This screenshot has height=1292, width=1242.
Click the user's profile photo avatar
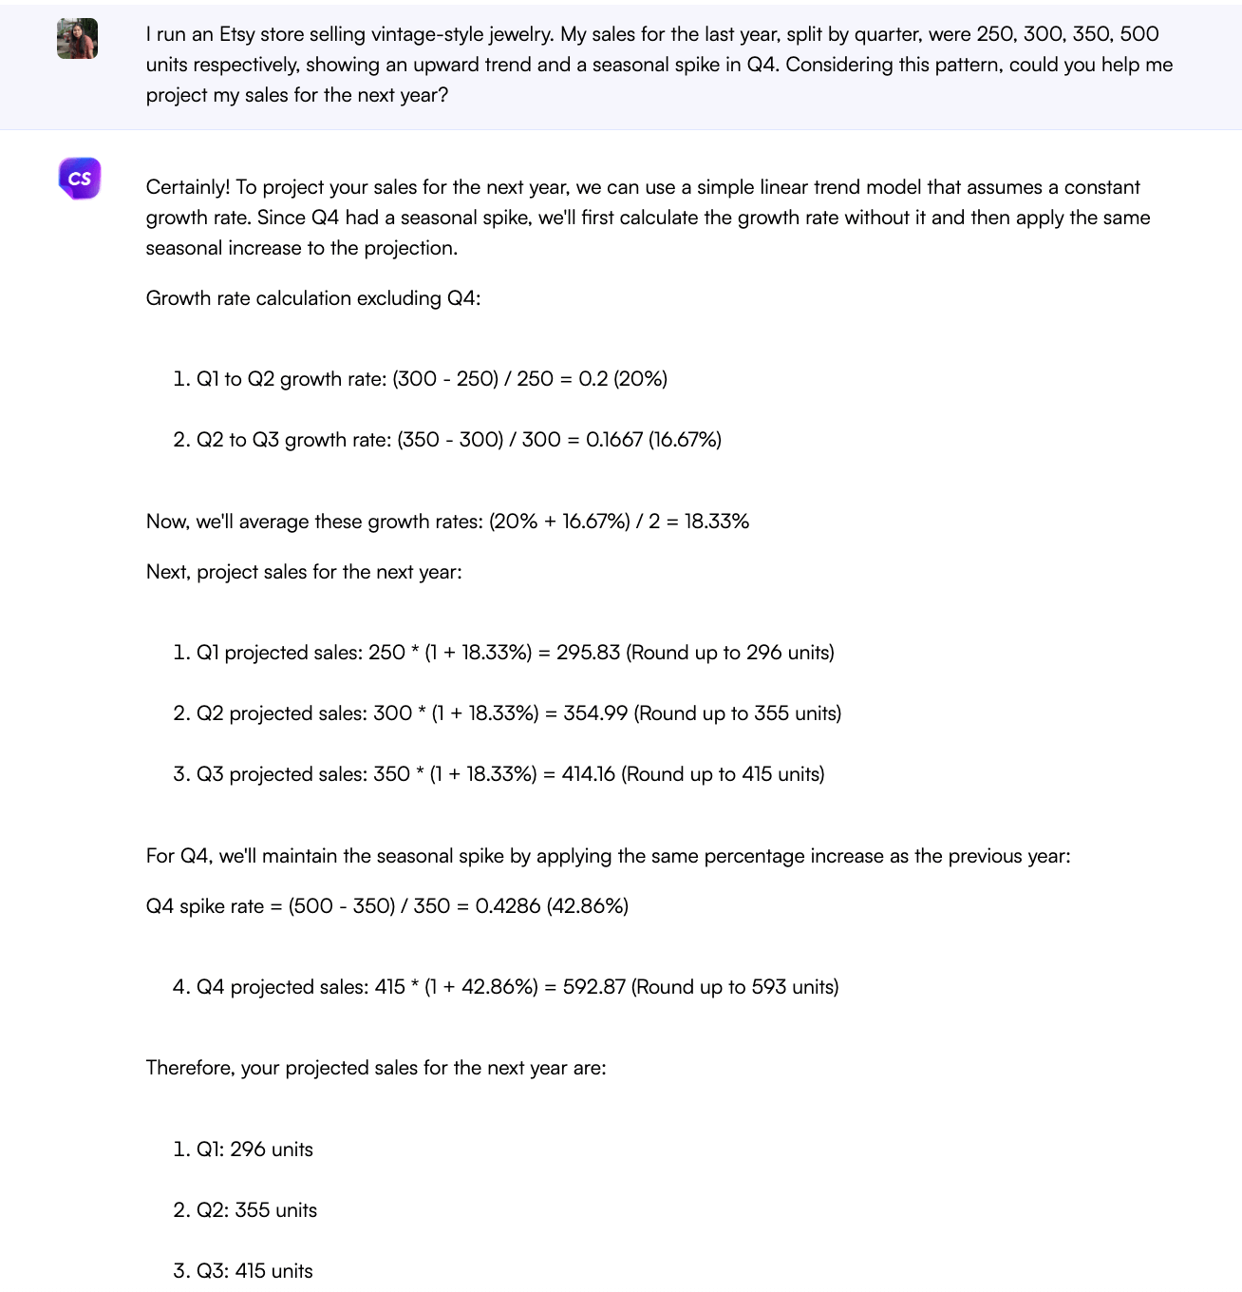point(77,39)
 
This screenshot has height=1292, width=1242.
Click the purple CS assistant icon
point(80,179)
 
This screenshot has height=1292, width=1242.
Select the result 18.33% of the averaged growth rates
point(716,522)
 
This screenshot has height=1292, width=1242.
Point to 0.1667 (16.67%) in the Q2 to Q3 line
point(653,440)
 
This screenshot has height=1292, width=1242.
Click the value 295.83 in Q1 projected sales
point(588,653)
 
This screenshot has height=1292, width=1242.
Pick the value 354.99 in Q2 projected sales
point(595,713)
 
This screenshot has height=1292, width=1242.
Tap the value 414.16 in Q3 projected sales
point(588,774)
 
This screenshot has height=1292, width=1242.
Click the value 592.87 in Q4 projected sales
point(593,987)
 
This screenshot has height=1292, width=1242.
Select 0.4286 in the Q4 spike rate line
point(508,906)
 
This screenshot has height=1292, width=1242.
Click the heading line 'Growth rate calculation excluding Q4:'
point(313,298)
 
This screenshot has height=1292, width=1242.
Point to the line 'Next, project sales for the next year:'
point(304,572)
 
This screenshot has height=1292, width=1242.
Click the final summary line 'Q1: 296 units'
point(254,1149)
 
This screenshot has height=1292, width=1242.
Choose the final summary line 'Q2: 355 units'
point(256,1210)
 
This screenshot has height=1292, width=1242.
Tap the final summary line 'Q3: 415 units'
point(254,1271)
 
